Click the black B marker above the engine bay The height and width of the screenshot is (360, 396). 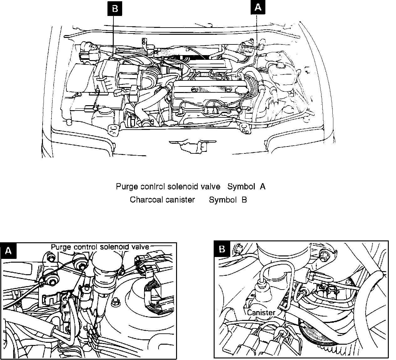click(115, 9)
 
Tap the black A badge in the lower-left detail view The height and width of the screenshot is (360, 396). click(9, 251)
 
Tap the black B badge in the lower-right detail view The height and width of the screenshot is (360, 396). click(222, 249)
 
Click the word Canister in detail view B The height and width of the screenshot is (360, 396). click(261, 312)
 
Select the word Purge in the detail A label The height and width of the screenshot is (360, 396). click(61, 247)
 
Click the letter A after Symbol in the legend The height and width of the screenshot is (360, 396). click(263, 187)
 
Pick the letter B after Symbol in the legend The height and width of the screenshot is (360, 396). click(244, 199)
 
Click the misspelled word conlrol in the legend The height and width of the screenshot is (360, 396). click(152, 187)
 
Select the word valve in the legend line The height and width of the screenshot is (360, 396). click(211, 187)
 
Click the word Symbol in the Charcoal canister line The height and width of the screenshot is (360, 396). click(222, 199)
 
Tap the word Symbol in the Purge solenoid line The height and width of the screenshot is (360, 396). click(241, 187)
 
